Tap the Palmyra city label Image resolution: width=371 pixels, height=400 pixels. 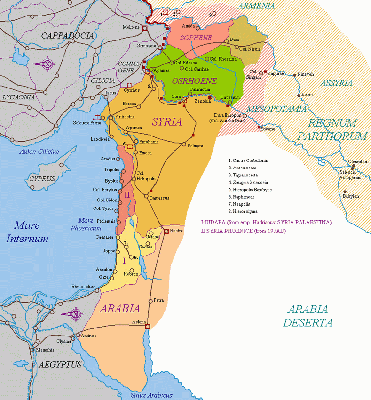click(195, 146)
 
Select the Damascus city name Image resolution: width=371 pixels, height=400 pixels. click(159, 198)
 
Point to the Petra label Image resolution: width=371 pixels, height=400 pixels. click(158, 300)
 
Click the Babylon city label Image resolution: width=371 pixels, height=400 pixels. click(351, 196)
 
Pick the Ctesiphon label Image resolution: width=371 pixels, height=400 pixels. click(358, 161)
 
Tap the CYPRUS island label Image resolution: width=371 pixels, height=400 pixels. click(42, 179)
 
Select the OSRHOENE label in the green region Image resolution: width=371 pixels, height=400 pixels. click(188, 81)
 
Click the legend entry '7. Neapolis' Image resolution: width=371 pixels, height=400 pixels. click(243, 205)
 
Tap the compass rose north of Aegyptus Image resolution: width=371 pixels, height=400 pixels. click(75, 314)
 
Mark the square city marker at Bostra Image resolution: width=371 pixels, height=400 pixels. click(166, 231)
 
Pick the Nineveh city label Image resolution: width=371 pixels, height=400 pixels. click(305, 74)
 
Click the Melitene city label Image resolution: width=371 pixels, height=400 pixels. click(132, 27)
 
